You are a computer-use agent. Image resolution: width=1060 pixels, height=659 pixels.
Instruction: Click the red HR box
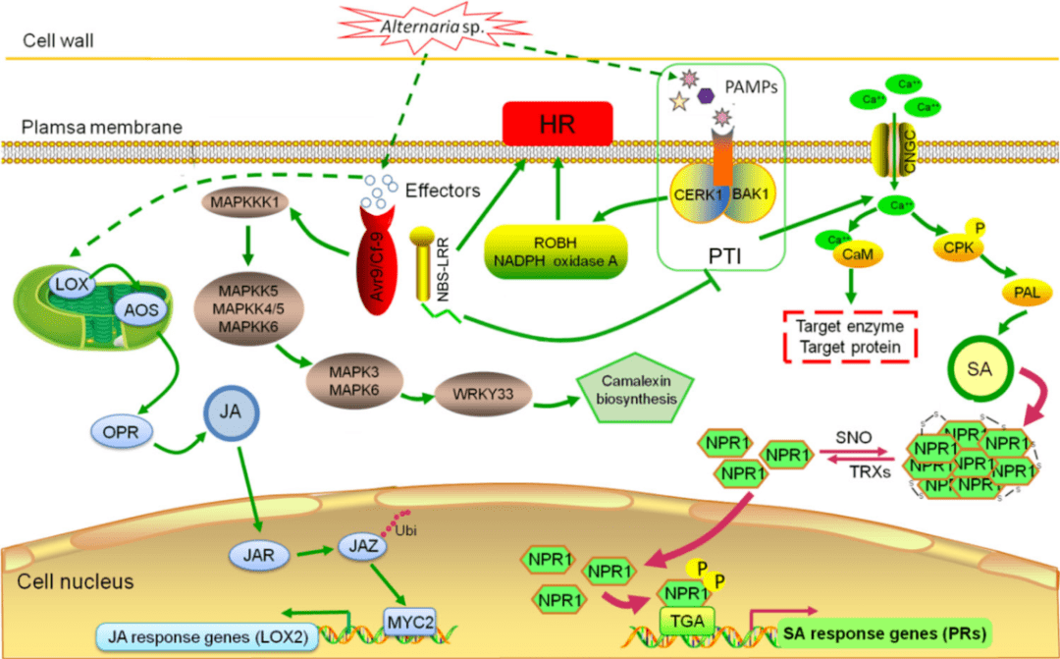556,124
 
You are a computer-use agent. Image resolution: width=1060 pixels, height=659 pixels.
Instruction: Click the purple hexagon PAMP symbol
707,95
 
